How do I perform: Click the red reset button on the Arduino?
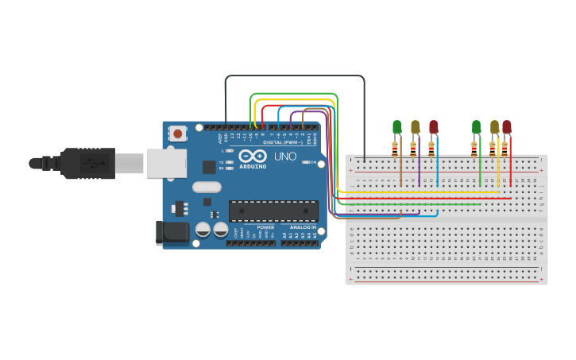[x=176, y=134]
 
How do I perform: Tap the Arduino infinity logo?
[x=250, y=157]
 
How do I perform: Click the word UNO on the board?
[x=285, y=157]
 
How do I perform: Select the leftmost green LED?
[x=397, y=126]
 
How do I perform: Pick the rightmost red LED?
[x=507, y=126]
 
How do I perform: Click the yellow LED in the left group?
[x=416, y=126]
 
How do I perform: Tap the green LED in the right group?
[x=477, y=126]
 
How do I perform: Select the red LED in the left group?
[x=434, y=126]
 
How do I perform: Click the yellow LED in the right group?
[x=494, y=126]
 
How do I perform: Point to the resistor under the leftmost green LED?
[x=395, y=146]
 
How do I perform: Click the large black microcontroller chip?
[x=273, y=211]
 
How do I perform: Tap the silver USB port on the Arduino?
[x=166, y=163]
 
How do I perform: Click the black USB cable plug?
[x=87, y=163]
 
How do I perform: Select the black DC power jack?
[x=172, y=233]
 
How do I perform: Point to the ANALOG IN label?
[x=301, y=227]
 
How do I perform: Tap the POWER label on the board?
[x=265, y=227]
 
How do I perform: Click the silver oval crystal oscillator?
[x=206, y=188]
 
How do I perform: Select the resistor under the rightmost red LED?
[x=504, y=147]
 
